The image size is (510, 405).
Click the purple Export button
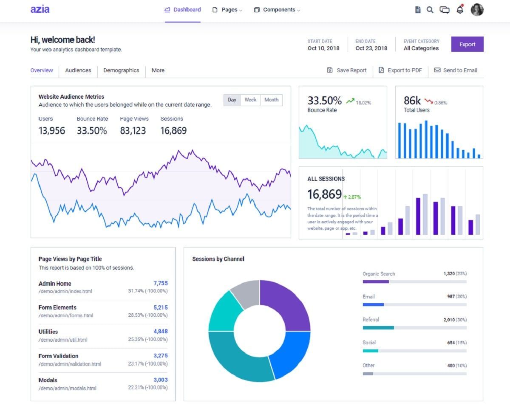pyautogui.click(x=467, y=44)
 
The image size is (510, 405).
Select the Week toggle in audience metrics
pyautogui.click(x=250, y=100)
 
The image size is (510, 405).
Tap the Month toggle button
pyautogui.click(x=271, y=100)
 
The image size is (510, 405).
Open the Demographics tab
pyautogui.click(x=121, y=70)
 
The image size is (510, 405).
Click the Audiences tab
pyautogui.click(x=78, y=70)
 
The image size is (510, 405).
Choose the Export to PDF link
pyautogui.click(x=400, y=70)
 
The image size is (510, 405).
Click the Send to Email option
pyautogui.click(x=456, y=70)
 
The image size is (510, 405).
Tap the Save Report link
pyautogui.click(x=347, y=70)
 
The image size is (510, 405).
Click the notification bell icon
pyautogui.click(x=460, y=10)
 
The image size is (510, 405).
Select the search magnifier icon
pyautogui.click(x=430, y=10)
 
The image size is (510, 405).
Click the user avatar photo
pyautogui.click(x=477, y=10)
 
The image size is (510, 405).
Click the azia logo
pyautogui.click(x=40, y=9)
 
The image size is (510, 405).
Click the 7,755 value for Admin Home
pyautogui.click(x=160, y=283)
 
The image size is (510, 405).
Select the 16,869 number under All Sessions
pyautogui.click(x=324, y=194)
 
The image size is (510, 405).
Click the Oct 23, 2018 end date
pyautogui.click(x=371, y=48)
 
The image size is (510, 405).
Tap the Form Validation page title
pyautogui.click(x=58, y=356)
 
